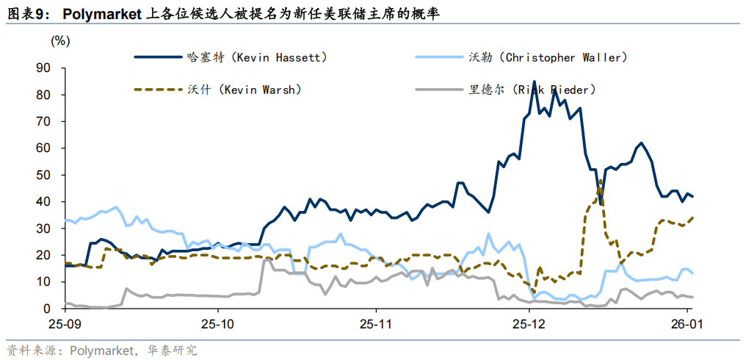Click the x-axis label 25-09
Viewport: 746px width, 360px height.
(x=65, y=323)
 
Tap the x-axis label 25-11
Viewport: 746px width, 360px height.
(x=375, y=323)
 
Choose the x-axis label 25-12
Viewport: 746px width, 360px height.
(x=530, y=323)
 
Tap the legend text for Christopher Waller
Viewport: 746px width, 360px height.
(x=548, y=57)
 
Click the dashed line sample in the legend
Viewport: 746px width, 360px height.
(x=157, y=89)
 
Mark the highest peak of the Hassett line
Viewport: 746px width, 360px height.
(x=534, y=82)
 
